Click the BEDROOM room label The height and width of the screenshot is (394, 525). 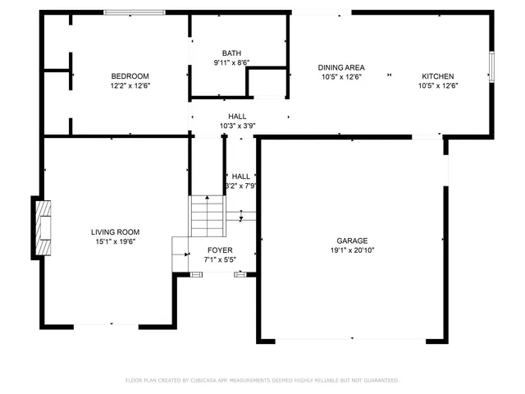coord(130,76)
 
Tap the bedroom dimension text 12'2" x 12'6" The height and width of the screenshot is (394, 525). coord(130,85)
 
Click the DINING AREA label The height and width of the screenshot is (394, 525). coord(341,67)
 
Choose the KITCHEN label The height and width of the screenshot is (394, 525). coord(437,76)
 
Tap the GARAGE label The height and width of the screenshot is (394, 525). coord(352,241)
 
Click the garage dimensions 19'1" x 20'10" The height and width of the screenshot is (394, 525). coord(352,250)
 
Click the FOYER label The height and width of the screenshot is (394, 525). coord(219,250)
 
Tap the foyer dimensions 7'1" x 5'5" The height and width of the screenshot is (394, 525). coord(219,259)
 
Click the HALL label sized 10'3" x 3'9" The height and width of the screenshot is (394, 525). coord(238,117)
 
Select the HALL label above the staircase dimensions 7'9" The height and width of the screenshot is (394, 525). coord(241,176)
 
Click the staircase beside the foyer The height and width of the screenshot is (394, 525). coord(208,217)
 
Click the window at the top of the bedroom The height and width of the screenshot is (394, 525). coord(145,12)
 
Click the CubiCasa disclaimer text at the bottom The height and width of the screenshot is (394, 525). coord(262,380)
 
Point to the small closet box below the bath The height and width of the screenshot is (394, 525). coord(266,85)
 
